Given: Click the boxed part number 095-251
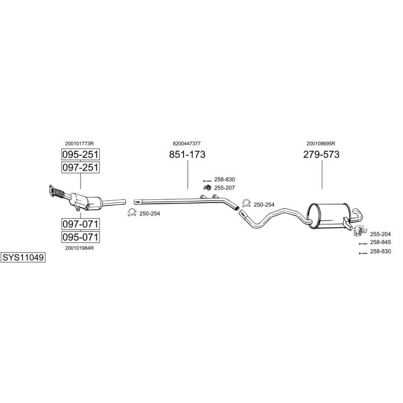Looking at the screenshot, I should [79, 154].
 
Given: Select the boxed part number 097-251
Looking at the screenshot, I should [79, 167].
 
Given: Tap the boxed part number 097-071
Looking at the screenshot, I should [79, 224].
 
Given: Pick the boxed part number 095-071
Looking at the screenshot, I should [79, 237].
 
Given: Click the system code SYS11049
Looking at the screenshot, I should [23, 258].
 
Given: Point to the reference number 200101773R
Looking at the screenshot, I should [79, 143].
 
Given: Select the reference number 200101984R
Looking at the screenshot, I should [79, 248].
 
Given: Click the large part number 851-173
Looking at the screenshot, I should [188, 155].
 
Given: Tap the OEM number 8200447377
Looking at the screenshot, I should [187, 143].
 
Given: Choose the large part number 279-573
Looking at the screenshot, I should [322, 155].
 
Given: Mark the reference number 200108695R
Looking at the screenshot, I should [322, 143].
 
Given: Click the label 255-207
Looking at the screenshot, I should [225, 187].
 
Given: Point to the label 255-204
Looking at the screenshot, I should [381, 233].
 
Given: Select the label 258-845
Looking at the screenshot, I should [381, 242].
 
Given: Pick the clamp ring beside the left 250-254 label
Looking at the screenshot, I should [132, 212].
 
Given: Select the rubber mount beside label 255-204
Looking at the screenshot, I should [358, 232].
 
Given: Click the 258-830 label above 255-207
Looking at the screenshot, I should [225, 179].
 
